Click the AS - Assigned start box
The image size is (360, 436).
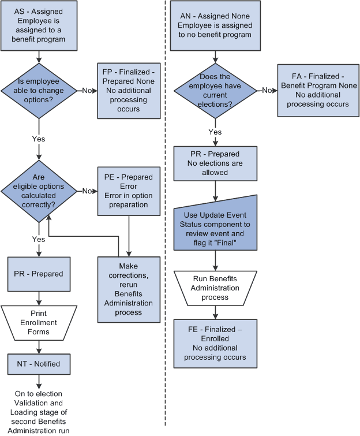[39, 27]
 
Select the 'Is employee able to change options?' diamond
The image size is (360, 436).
[39, 90]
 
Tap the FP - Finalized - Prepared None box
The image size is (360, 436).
[129, 90]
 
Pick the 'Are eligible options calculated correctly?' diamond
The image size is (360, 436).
[39, 191]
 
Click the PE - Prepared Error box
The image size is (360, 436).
[129, 191]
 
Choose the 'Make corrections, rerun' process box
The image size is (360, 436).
[129, 289]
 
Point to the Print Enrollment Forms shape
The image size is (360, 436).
[39, 323]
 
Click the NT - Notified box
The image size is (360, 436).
[39, 364]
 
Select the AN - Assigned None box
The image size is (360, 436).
[215, 27]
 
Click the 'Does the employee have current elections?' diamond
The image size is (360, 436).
[215, 90]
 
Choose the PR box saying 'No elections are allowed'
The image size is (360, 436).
[215, 163]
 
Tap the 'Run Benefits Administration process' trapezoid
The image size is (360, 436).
[215, 288]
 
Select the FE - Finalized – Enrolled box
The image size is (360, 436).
[215, 344]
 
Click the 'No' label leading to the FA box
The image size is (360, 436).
[267, 90]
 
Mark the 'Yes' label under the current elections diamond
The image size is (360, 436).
[215, 132]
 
